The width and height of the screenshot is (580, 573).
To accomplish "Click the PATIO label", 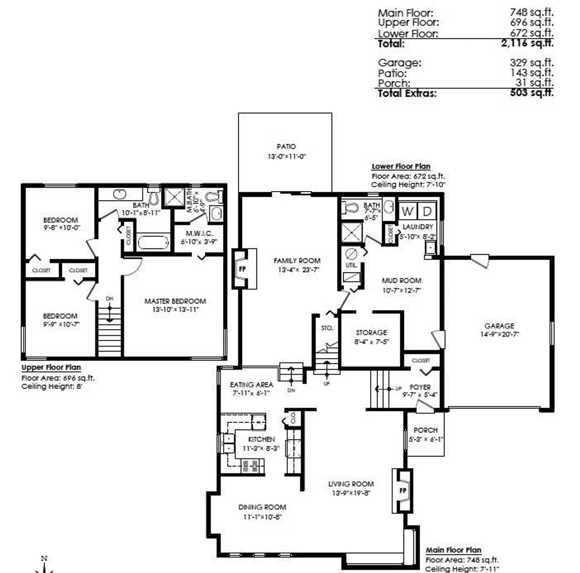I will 286,147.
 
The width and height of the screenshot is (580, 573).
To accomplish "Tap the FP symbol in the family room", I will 242,269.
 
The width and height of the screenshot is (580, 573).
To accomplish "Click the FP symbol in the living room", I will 403,490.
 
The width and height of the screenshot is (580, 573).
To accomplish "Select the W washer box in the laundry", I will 408,211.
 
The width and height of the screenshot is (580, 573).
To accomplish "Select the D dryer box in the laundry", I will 427,211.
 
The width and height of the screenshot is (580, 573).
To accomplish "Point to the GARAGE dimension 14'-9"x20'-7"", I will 499,334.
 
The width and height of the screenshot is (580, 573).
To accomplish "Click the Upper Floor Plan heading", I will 51,367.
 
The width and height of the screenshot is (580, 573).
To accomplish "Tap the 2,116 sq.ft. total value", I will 527,43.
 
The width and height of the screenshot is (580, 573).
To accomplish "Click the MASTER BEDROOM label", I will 175,301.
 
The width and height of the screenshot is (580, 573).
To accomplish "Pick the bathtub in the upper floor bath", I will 153,243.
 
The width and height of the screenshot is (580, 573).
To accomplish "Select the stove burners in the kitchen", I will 250,466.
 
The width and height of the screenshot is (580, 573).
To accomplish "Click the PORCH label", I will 425,430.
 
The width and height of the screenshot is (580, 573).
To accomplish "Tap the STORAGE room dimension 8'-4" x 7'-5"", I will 372,342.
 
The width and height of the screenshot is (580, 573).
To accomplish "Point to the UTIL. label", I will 351,265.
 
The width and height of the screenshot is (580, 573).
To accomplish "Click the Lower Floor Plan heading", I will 401,166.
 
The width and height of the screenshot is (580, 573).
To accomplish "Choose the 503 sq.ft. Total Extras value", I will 532,93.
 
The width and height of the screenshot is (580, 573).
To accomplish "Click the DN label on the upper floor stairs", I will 109,298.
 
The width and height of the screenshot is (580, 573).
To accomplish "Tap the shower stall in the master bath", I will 174,197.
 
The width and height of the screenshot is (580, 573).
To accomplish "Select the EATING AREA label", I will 251,385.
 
